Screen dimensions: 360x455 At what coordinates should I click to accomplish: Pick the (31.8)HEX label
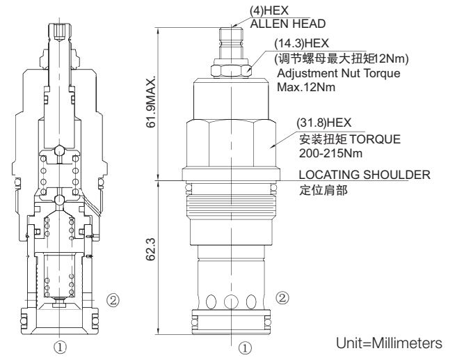point(319,125)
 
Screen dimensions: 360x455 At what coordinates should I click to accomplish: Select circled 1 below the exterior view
point(244,345)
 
